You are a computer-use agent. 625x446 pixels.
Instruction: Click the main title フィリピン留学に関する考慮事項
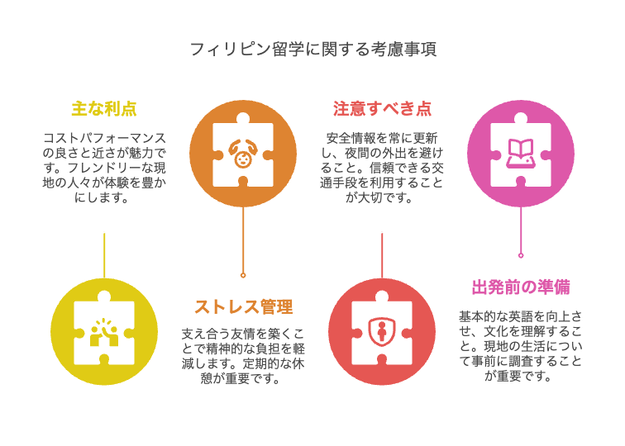pos(313,49)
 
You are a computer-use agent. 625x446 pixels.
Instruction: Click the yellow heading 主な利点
pos(104,109)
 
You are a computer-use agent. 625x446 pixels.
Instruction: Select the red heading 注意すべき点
pos(382,109)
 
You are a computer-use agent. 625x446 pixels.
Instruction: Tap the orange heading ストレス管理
pos(244,307)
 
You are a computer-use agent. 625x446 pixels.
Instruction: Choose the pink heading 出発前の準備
pos(521,287)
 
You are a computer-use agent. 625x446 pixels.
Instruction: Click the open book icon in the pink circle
pos(521,153)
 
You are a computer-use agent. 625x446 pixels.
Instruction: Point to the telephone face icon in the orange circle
pos(243,154)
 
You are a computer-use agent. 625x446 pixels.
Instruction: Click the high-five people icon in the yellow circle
pos(104,332)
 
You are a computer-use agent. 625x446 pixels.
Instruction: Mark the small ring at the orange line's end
pos(243,275)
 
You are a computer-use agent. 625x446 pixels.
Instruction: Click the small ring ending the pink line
pos(521,255)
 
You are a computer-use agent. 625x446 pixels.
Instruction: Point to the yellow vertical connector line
pos(104,255)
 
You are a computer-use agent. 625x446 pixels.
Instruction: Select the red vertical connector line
pos(382,255)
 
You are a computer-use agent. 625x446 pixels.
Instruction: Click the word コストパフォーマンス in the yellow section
pos(104,138)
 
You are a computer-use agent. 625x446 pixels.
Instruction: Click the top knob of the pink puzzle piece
pos(521,118)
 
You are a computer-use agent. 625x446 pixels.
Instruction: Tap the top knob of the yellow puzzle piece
pos(104,297)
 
